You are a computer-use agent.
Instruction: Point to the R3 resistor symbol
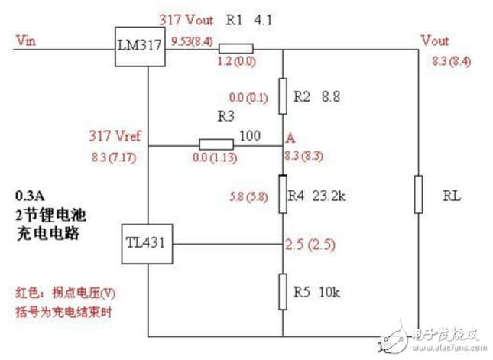coord(217,144)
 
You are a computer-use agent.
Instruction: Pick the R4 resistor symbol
coord(283,195)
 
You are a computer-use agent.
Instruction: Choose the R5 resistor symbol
coord(283,292)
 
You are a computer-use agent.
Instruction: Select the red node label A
coord(291,138)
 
